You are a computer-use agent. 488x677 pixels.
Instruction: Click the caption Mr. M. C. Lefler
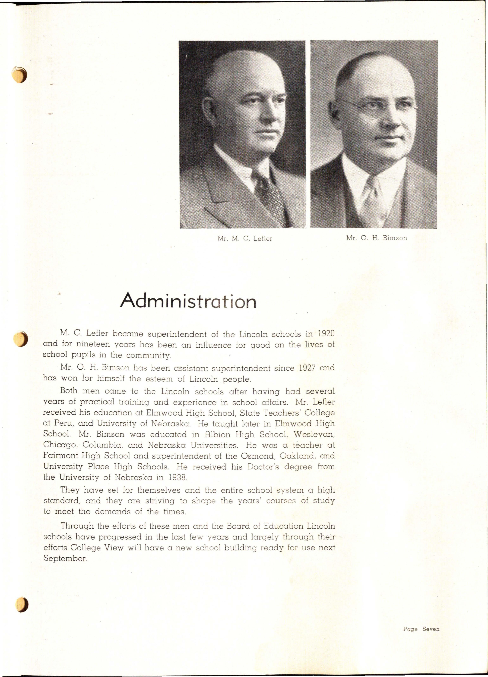(x=245, y=239)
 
